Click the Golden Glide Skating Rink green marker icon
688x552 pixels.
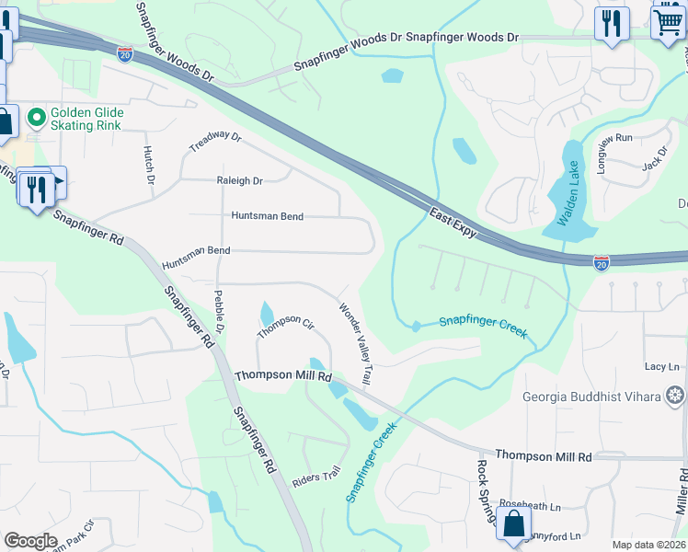(37, 117)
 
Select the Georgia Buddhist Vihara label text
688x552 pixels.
(592, 397)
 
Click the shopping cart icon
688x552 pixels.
(669, 21)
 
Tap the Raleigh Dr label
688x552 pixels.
(239, 181)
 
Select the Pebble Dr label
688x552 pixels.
(220, 312)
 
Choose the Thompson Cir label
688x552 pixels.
(286, 326)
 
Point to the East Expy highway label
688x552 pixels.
(453, 223)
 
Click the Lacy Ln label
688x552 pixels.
(661, 366)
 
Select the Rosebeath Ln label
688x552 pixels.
(530, 506)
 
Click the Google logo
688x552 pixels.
(30, 541)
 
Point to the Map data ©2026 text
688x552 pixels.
(648, 545)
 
